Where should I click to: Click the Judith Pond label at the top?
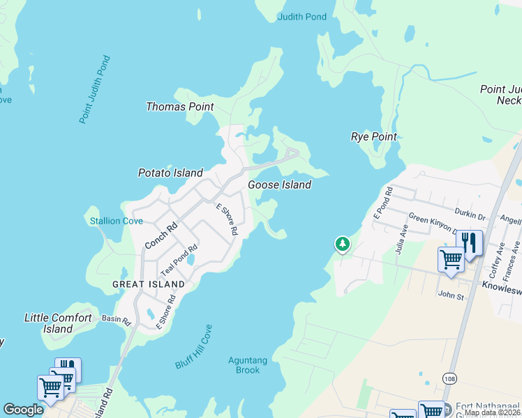[301, 17]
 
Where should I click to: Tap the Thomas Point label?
[179, 107]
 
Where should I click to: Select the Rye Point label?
[373, 137]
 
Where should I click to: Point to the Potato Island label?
[170, 173]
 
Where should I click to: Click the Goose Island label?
[279, 185]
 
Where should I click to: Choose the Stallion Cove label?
[116, 221]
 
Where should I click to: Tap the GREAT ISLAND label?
[149, 284]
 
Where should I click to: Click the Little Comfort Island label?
[58, 323]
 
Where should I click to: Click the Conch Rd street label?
[161, 235]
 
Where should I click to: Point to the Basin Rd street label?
[116, 321]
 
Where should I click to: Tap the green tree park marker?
[342, 244]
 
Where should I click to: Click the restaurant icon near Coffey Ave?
[470, 243]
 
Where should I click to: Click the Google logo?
[23, 410]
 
